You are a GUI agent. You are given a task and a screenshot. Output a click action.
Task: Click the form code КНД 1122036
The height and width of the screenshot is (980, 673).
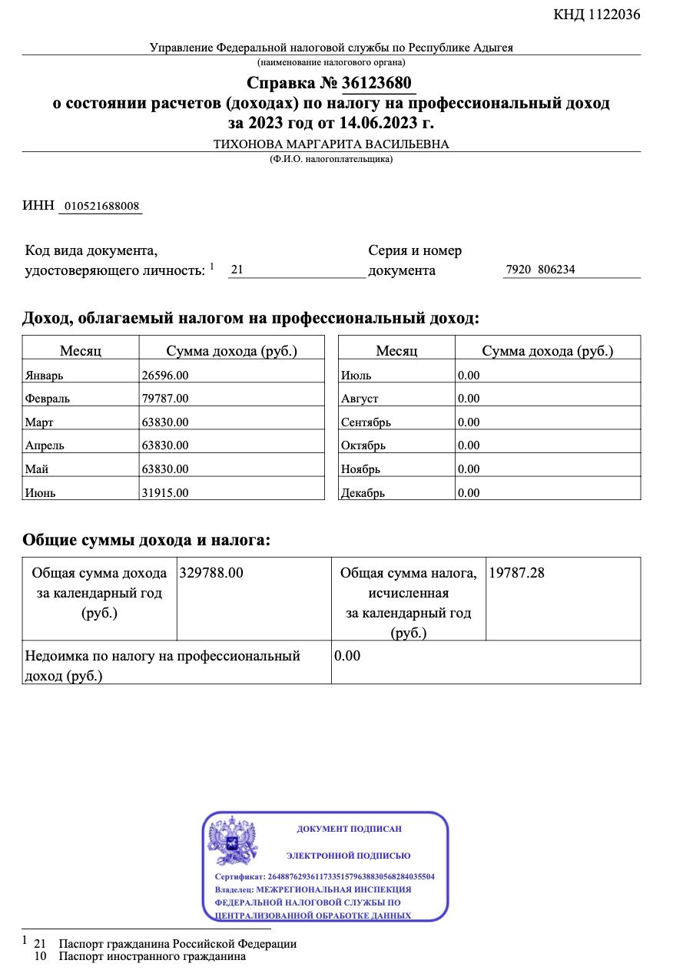597,15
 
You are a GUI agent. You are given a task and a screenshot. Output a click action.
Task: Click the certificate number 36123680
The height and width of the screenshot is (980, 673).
376,83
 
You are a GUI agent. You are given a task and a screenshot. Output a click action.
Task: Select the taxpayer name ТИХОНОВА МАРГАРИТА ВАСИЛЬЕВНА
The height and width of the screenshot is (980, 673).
331,144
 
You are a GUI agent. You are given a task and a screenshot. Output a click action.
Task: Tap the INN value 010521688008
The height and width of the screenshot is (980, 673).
101,206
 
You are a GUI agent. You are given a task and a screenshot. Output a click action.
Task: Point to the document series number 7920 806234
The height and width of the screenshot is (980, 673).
540,270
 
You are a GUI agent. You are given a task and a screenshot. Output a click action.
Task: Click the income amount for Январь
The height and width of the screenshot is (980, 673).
165,375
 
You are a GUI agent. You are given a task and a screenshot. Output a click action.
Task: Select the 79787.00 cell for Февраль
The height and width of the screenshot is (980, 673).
165,398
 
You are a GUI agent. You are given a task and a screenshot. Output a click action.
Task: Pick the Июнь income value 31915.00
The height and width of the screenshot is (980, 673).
165,493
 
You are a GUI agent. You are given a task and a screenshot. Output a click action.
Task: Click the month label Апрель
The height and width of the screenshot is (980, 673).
45,445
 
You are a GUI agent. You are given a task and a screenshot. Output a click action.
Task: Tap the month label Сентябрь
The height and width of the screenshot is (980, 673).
366,422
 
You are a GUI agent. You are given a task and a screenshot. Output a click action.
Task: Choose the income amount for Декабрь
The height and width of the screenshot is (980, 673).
469,493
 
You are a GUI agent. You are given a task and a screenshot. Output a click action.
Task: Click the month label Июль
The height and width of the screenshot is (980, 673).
356,376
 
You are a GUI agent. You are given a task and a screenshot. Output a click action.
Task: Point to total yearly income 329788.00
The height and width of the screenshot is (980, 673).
211,573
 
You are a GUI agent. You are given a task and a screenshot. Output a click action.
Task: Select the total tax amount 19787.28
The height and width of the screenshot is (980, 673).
517,573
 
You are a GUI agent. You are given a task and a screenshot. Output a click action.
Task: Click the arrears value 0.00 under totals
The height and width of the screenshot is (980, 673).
347,656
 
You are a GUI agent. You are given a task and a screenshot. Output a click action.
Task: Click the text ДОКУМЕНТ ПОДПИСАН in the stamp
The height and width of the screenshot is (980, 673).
349,829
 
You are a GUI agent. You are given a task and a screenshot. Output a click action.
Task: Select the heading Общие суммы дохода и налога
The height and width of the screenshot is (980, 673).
147,540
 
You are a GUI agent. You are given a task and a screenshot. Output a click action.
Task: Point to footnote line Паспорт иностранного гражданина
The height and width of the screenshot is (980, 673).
152,957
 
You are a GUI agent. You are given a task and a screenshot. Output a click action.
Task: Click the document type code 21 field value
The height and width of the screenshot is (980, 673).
237,270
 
